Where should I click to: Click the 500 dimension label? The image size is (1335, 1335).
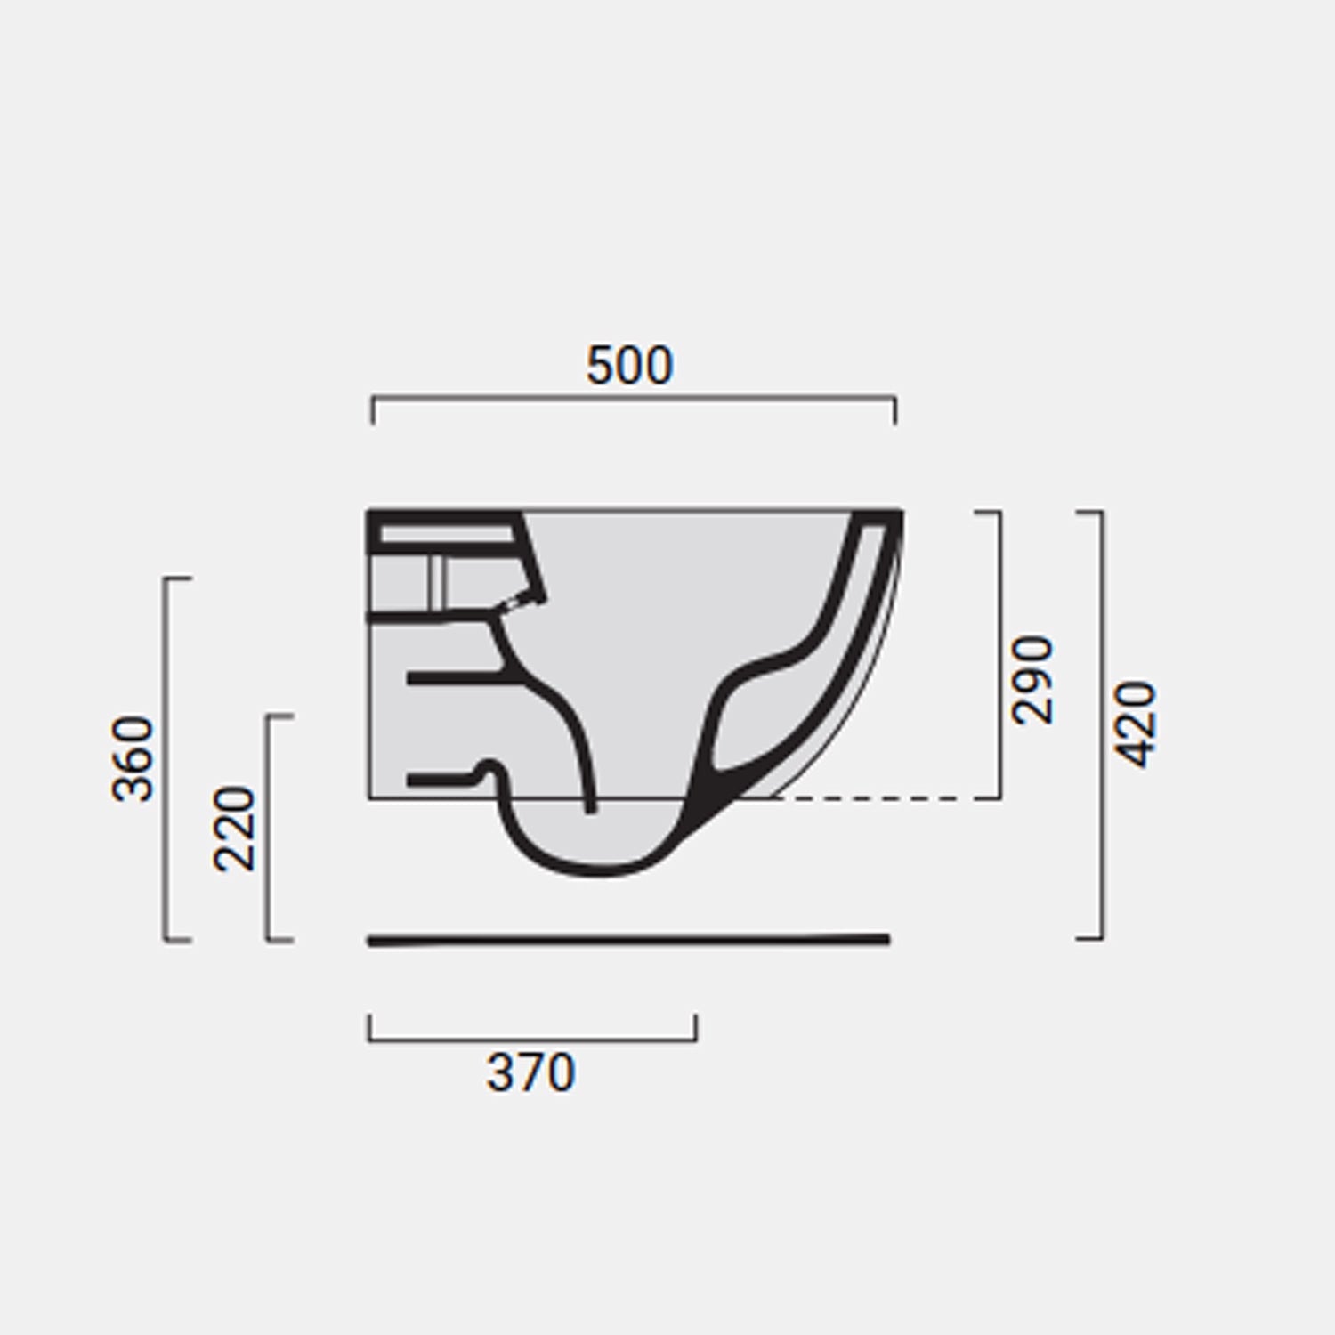(x=629, y=366)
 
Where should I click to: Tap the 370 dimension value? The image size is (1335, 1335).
(x=530, y=1073)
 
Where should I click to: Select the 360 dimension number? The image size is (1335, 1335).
(x=133, y=758)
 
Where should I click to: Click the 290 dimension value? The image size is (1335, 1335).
(x=1033, y=680)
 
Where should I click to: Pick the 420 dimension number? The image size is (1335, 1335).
(x=1137, y=724)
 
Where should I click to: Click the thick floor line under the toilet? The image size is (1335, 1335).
(x=628, y=940)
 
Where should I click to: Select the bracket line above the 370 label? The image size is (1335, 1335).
(x=532, y=1039)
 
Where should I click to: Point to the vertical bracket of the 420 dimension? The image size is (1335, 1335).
(x=1103, y=725)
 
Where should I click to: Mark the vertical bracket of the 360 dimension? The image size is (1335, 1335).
(x=166, y=758)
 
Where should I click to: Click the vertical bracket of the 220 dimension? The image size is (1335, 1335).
(x=268, y=828)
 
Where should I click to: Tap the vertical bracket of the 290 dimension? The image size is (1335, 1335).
(x=999, y=655)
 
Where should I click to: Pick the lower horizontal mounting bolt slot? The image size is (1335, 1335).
(x=441, y=781)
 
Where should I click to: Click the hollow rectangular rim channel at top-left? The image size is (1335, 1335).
(x=445, y=534)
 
